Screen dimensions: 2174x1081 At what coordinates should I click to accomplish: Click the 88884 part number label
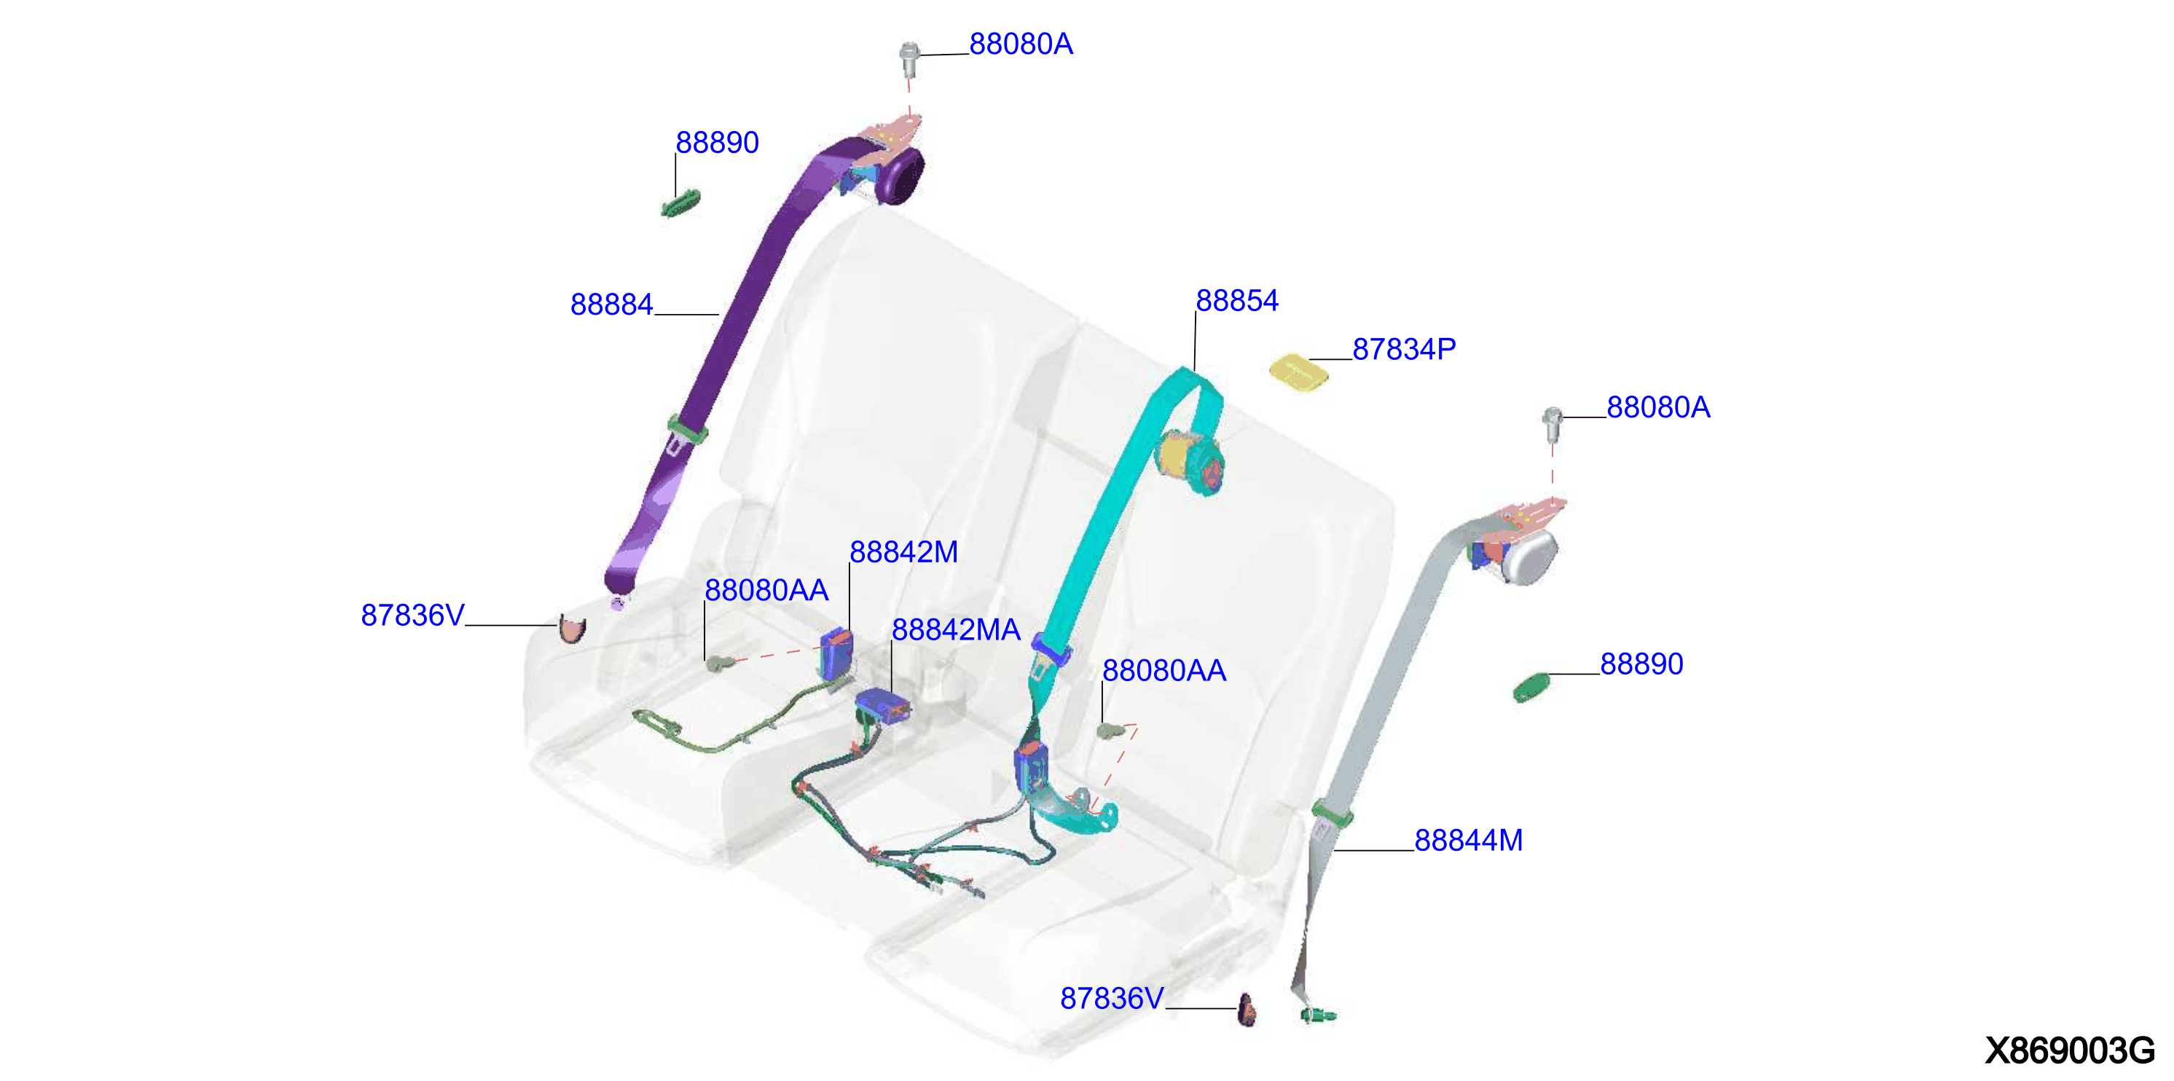[x=611, y=304]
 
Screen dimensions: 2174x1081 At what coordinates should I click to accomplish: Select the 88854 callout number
[x=1236, y=300]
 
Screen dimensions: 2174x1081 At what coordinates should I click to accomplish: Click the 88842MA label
[x=955, y=629]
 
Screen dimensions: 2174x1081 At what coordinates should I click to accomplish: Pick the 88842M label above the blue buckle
[x=903, y=552]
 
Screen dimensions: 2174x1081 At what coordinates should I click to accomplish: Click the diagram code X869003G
[x=2069, y=1050]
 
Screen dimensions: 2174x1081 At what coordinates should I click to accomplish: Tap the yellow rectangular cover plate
[x=1299, y=373]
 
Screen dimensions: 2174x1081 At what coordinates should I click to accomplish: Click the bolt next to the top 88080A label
[x=909, y=58]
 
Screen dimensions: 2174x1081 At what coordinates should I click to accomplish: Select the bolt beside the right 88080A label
[x=1552, y=425]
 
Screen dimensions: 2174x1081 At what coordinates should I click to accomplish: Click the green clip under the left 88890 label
[x=680, y=203]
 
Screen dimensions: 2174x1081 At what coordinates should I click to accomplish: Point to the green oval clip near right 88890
[x=1531, y=687]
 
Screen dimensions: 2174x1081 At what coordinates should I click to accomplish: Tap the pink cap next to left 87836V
[x=571, y=629]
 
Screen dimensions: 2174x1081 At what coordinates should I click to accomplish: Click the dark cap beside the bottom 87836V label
[x=1247, y=1010]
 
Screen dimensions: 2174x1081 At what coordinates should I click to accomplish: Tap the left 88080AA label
[x=766, y=591]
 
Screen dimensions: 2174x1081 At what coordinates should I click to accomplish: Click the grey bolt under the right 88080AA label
[x=1109, y=729]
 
